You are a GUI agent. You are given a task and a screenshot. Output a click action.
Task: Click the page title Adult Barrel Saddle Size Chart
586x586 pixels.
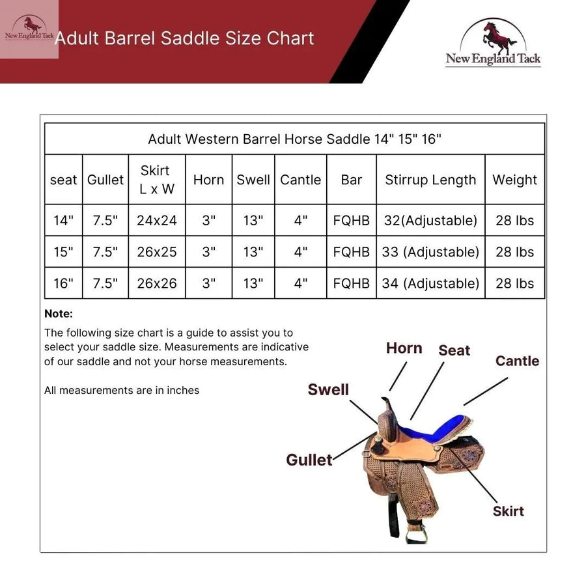coord(184,38)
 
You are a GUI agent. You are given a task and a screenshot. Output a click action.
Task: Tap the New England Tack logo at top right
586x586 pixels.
coord(493,43)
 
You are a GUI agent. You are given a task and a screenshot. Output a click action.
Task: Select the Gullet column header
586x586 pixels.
coord(105,180)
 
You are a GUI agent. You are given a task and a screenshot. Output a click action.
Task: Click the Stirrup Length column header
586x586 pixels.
coord(430,180)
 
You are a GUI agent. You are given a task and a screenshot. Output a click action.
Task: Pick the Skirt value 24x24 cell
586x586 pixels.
coord(157,221)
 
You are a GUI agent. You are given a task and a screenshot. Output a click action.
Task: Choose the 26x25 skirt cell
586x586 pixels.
coord(157,252)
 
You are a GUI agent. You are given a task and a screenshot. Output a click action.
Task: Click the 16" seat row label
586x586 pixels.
coord(63,283)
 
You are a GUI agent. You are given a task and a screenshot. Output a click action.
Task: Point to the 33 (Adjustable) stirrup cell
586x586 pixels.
coord(430,252)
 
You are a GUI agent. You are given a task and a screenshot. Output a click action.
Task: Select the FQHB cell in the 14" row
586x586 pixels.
coord(352,221)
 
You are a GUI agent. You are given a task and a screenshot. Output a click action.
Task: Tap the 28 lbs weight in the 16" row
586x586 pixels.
coord(514,283)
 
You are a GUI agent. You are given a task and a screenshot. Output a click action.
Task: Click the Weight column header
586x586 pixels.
coord(514,180)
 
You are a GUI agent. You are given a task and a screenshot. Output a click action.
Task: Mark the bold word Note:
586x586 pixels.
coord(59,314)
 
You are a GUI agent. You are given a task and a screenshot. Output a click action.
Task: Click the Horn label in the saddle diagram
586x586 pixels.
coord(404,348)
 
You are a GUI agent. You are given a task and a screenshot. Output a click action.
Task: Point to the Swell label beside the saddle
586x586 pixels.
coord(328,389)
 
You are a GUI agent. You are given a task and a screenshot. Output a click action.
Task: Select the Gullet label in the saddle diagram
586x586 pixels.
coord(309,460)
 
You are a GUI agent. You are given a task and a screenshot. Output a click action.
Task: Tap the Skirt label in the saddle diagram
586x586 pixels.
coord(508,511)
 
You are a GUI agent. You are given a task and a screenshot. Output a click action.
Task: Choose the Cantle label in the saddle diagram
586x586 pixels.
coord(517,361)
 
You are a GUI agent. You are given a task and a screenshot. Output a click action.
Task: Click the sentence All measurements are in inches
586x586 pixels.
coord(122,391)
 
